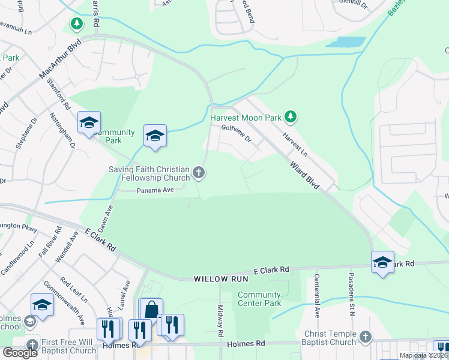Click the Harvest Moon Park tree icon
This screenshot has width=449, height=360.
click(291, 115)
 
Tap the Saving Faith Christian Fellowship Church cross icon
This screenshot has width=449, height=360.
click(199, 174)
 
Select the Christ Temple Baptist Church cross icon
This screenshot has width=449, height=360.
click(364, 337)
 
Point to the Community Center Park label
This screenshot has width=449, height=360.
click(259, 299)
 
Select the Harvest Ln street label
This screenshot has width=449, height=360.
click(295, 145)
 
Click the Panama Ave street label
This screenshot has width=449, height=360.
click(155, 190)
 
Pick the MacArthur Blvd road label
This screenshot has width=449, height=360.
click(60, 60)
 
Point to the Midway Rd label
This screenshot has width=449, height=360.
click(220, 321)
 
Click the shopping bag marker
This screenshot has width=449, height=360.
click(151, 308)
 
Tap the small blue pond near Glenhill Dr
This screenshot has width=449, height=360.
click(346, 42)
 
